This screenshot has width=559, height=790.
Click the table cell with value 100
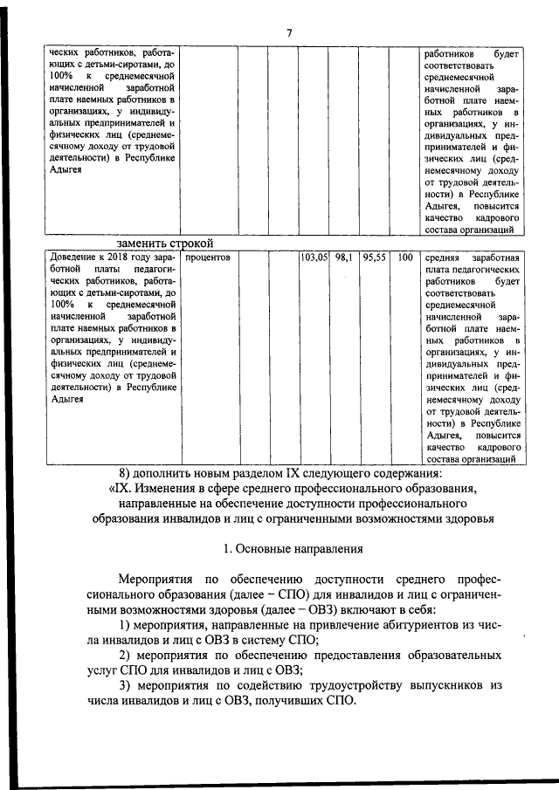[x=404, y=258]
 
